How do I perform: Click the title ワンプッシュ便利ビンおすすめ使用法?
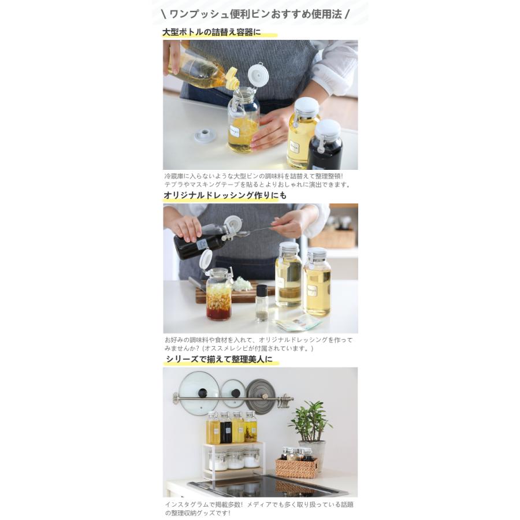(x=259, y=13)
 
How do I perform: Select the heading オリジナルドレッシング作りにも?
(x=225, y=196)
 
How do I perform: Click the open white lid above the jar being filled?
(x=256, y=74)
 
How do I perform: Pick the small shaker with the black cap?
(x=262, y=302)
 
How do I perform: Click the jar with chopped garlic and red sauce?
(x=219, y=294)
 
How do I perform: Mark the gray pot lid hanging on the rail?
(x=261, y=396)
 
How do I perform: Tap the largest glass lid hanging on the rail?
(x=199, y=393)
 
